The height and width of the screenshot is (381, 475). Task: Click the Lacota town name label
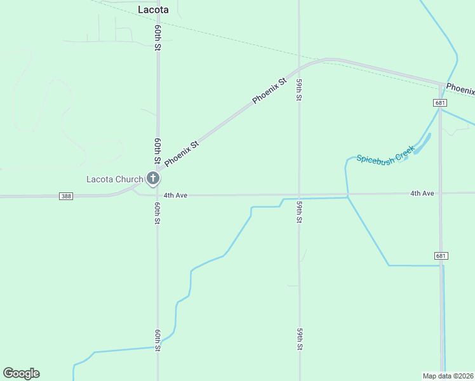[153, 10]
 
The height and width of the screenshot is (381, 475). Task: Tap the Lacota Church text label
[115, 179]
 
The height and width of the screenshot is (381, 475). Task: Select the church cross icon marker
[153, 179]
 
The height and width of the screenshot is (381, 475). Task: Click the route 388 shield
[67, 196]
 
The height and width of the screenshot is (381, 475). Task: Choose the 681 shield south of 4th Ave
[442, 256]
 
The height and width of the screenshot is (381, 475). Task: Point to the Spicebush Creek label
[385, 156]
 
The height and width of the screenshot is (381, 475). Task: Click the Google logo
[21, 373]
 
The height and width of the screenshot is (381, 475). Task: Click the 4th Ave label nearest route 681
[422, 193]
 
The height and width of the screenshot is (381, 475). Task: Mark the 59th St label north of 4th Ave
[298, 90]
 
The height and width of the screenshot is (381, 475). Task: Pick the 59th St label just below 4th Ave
[299, 211]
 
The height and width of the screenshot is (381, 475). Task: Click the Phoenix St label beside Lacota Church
[182, 154]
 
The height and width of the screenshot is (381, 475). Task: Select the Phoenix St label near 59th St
[270, 91]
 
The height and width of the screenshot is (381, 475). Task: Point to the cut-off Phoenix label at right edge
[460, 88]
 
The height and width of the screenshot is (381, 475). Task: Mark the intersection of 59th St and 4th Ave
[299, 195]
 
